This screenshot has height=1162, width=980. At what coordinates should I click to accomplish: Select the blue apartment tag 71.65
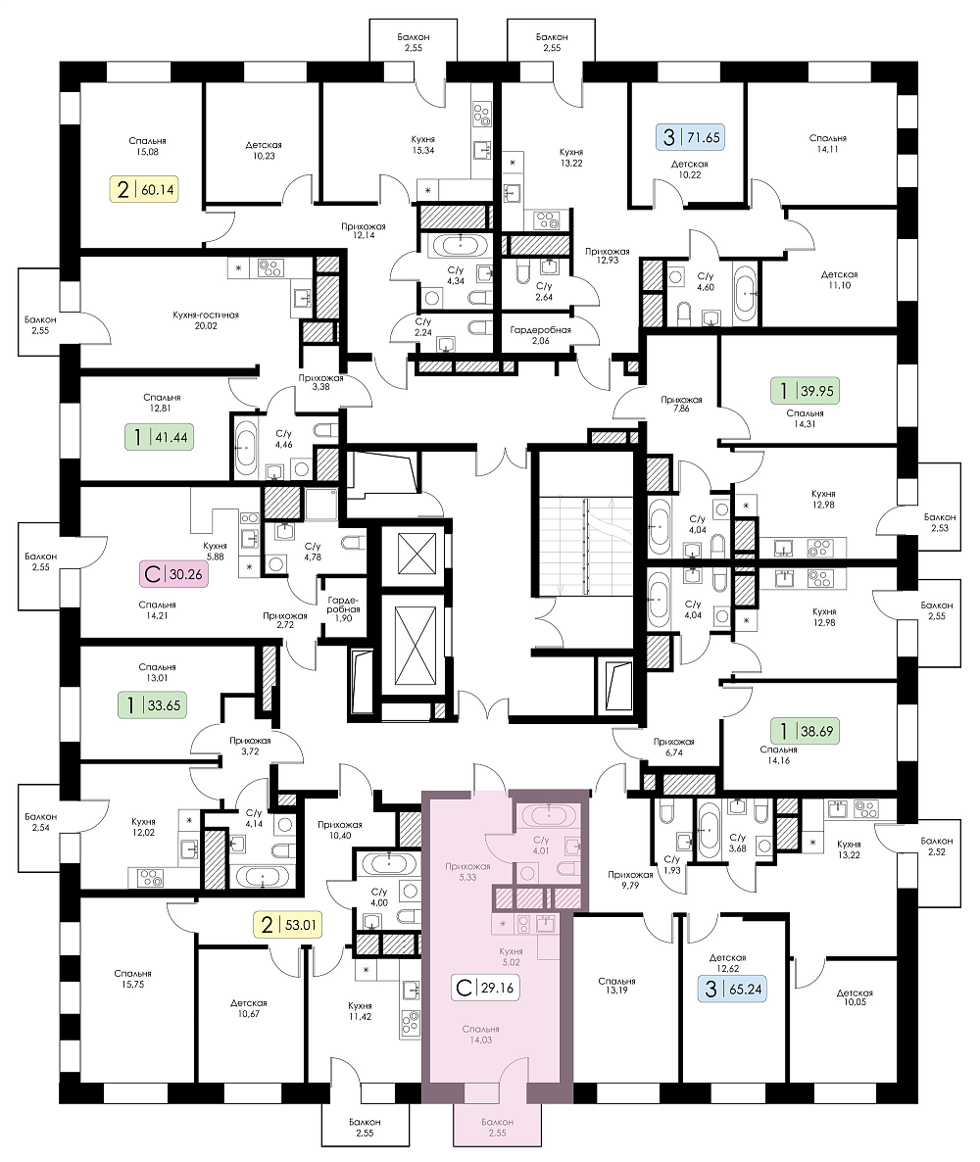coord(690,137)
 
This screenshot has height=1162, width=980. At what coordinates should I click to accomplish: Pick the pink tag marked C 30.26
coord(173,573)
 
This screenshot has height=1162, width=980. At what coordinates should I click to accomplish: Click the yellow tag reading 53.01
coord(287,925)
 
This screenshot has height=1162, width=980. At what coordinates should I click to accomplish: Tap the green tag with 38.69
coord(805,732)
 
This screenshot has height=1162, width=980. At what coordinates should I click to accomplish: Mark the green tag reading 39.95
coord(805,391)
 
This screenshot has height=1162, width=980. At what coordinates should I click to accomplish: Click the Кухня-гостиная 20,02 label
coord(206,320)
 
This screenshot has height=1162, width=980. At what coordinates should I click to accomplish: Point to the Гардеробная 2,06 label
coord(540,335)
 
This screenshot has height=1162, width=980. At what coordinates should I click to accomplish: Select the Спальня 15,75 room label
coord(132,979)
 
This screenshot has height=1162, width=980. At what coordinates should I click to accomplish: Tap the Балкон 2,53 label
coord(939,522)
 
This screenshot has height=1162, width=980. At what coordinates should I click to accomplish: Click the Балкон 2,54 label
coord(40,822)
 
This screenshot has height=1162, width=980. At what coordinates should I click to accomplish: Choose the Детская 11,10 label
coord(839,279)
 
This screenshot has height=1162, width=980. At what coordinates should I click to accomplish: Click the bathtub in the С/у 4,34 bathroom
coord(461,244)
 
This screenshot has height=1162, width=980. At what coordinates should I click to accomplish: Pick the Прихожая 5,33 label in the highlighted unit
coord(467,872)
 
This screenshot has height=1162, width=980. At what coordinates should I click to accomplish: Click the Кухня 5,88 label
coord(215,552)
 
